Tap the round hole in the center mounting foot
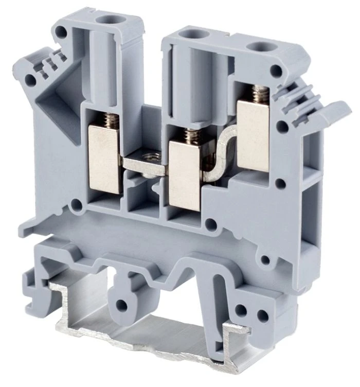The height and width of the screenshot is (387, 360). pos(122,306)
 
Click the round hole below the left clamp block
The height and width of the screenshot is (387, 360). pos(78,207)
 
